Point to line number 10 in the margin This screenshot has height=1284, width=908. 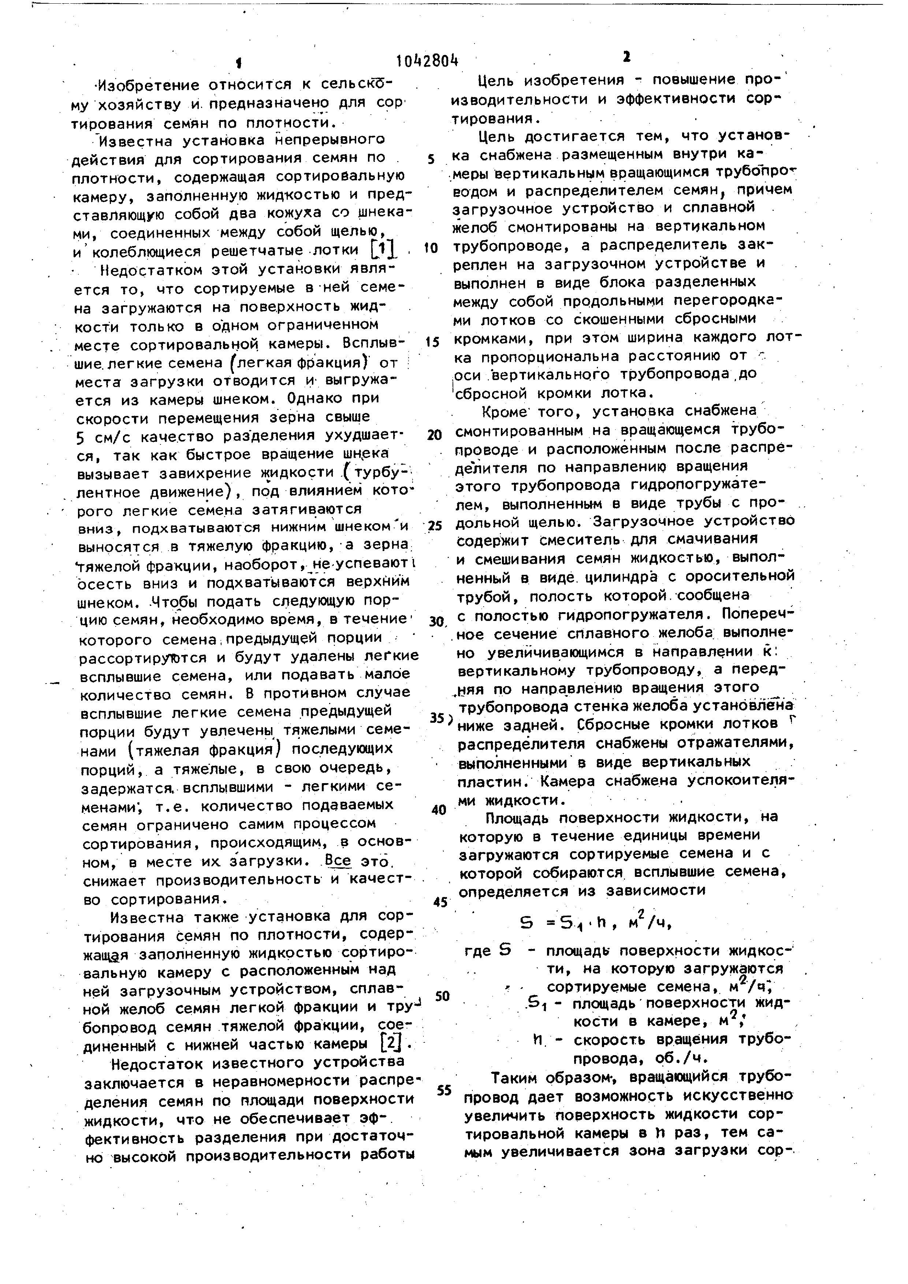431,248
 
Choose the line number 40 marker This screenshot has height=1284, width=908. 439,810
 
